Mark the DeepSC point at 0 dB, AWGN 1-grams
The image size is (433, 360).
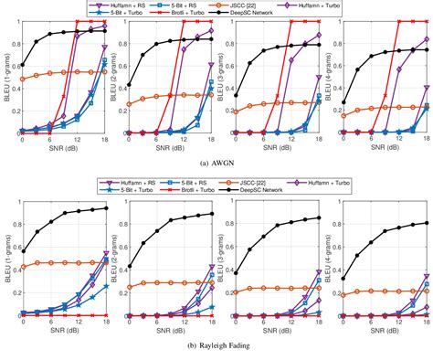click(23, 66)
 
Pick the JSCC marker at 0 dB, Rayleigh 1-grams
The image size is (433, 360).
click(23, 267)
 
